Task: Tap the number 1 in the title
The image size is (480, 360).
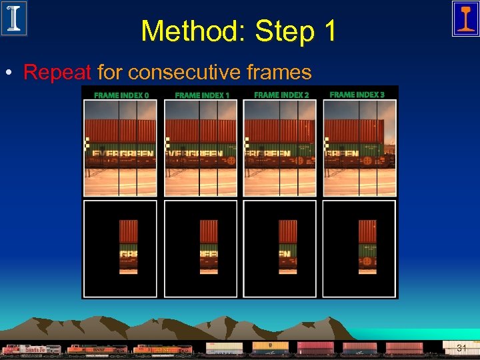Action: (329, 31)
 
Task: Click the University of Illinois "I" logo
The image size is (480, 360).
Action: (14, 18)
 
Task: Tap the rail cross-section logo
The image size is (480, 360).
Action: (465, 18)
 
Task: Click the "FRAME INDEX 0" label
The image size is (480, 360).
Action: (121, 95)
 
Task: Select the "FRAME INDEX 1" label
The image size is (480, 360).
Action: (201, 95)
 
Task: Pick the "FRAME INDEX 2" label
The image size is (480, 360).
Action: (281, 95)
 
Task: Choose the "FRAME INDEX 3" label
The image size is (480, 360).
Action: (357, 95)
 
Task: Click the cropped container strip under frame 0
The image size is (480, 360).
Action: (128, 247)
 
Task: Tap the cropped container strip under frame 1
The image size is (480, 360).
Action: (209, 247)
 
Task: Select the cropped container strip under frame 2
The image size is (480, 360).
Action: (288, 247)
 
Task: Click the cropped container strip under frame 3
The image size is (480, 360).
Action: (367, 247)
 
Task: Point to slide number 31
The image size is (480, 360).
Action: (461, 348)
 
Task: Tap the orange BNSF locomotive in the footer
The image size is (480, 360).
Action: (97, 349)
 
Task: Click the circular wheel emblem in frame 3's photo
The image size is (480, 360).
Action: (367, 161)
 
